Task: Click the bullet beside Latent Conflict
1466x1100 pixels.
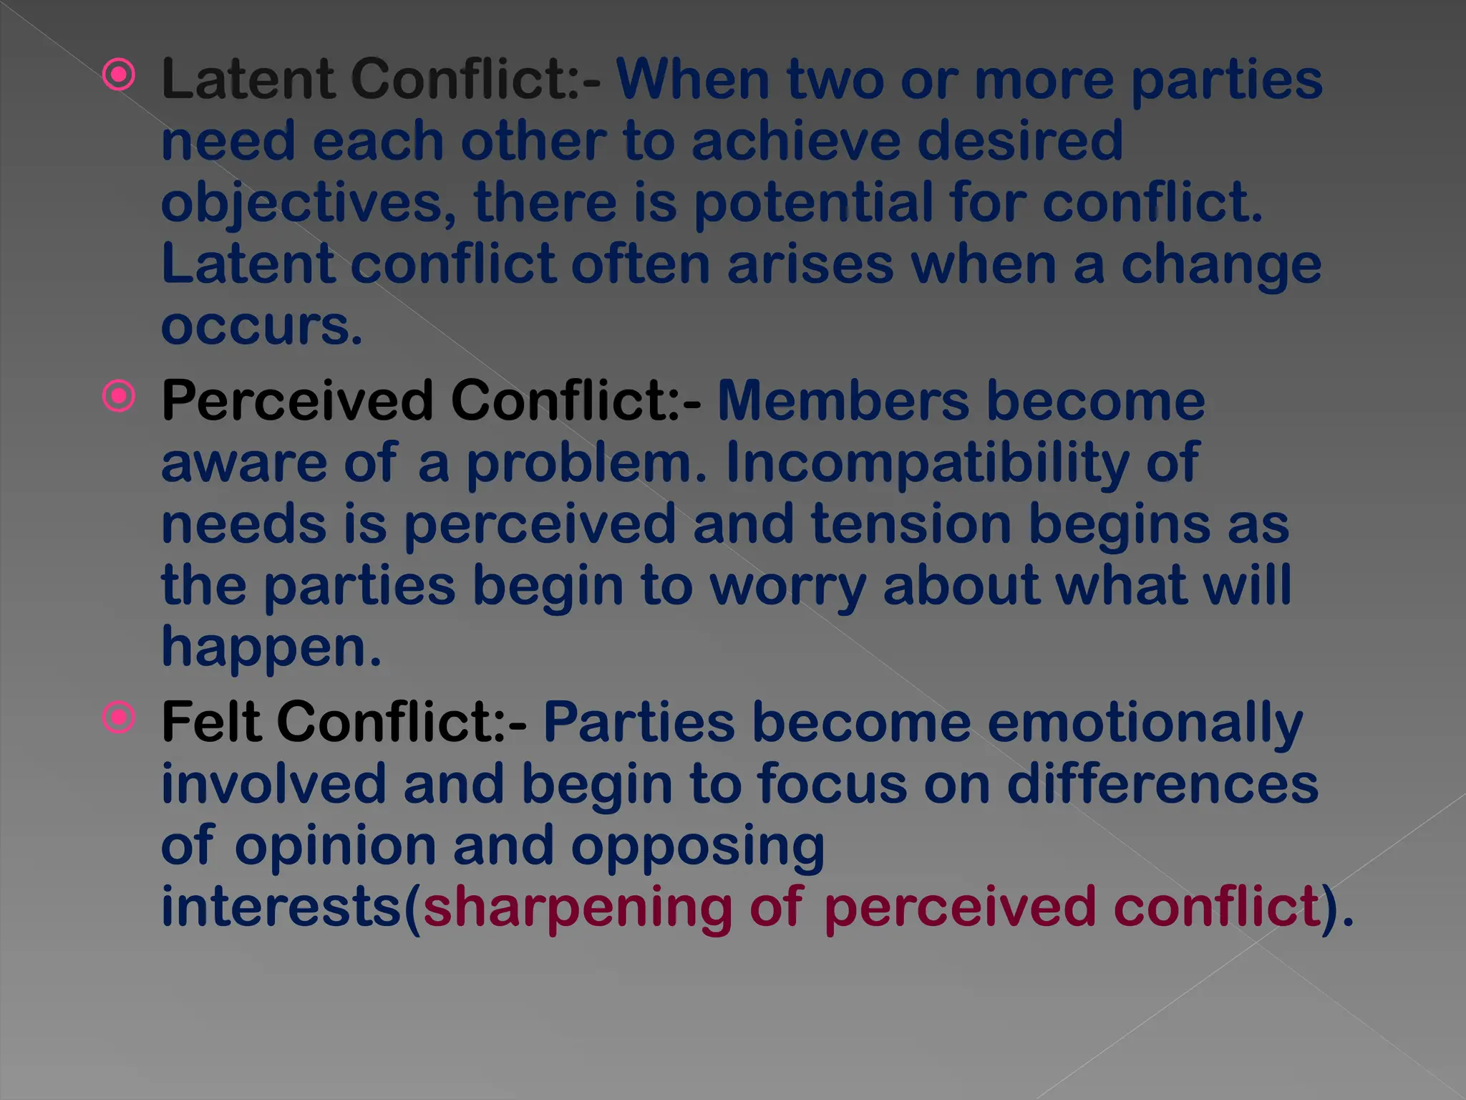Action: (119, 74)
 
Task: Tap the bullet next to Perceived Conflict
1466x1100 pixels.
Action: (119, 396)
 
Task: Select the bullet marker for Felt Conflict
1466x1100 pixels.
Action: (119, 718)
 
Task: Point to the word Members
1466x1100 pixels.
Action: (843, 400)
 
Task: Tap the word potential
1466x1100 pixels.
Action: (813, 203)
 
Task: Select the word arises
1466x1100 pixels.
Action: (810, 264)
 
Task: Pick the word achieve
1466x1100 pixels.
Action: (795, 141)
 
